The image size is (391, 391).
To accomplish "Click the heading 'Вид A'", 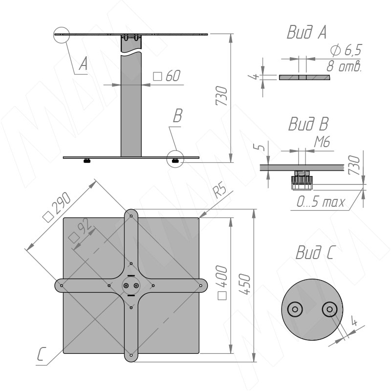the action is point(307,32).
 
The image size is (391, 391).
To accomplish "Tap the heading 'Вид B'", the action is point(308,124).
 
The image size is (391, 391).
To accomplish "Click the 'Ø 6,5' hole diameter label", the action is point(346,50).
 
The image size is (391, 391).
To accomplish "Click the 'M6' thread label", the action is point(322,142).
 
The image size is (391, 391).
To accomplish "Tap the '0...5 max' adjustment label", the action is point(321,202).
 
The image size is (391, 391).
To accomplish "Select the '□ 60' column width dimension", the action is point(167,76).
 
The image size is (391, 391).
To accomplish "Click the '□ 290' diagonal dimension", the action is point(57,207).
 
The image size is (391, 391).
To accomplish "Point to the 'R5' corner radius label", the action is point(219,191).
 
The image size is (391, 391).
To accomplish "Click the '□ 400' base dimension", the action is point(222,282).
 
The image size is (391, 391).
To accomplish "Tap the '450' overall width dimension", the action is point(245,284).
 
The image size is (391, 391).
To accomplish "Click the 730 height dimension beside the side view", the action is point(221,95).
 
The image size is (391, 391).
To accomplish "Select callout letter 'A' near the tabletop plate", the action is point(83,64).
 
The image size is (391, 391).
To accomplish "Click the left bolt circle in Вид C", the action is point(295,309).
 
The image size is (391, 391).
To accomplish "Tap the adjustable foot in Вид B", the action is point(302,180).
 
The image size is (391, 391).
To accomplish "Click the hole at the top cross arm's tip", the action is point(131,216).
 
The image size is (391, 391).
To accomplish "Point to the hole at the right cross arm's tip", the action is point(201,285).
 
